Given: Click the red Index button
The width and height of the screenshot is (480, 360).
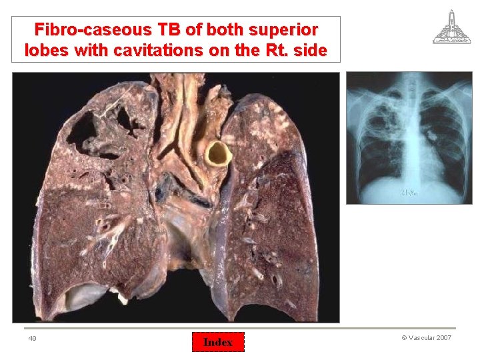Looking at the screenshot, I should (218, 342).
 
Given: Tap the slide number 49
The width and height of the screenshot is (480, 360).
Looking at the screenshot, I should (32, 339).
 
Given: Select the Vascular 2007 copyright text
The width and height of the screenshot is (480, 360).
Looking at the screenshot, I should (426, 338).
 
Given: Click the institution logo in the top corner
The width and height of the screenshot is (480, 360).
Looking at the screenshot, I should (451, 27).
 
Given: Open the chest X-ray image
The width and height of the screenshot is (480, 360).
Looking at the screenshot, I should (408, 137).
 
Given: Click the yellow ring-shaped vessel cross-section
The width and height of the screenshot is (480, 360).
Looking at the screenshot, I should (218, 154).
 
